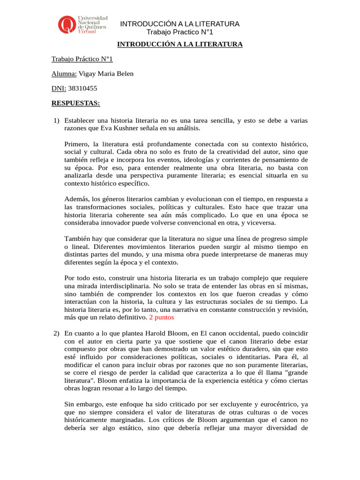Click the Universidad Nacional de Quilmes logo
tap(82, 24)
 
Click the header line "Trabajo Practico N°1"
tap(180, 32)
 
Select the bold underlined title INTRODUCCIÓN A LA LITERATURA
tap(180, 45)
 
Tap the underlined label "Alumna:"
tap(64, 74)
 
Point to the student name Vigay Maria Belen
tap(106, 74)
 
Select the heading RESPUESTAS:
tap(75, 103)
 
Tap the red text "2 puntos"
tap(161, 317)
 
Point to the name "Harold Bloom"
tap(185, 333)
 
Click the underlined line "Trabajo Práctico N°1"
tap(82, 59)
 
